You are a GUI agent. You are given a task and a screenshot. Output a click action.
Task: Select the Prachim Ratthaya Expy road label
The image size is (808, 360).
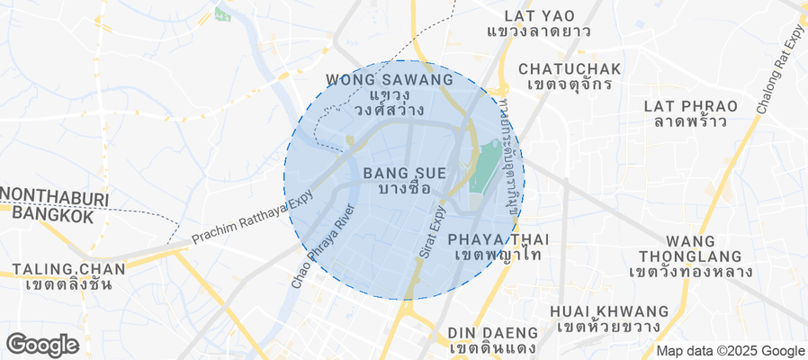[x=251, y=217]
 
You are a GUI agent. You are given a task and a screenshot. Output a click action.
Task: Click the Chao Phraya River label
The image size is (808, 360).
[x=322, y=247]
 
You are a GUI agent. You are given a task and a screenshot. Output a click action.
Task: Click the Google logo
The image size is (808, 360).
[x=41, y=344]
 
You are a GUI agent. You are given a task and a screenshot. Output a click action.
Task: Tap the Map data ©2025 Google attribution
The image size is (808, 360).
[x=730, y=351]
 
